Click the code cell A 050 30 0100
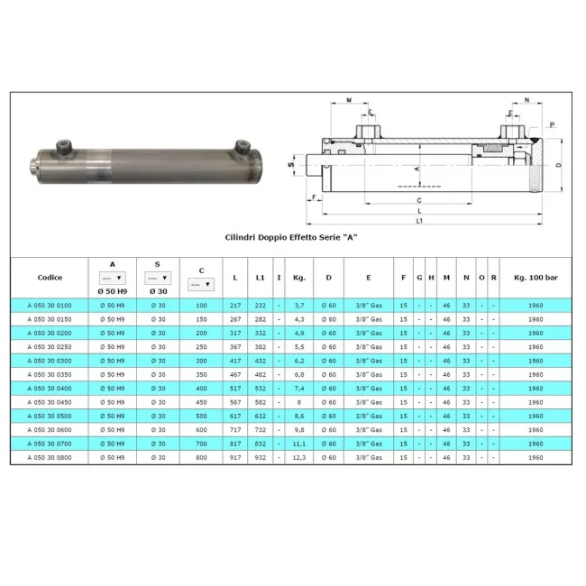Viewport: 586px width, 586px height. (50, 306)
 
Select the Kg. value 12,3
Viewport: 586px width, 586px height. (299, 457)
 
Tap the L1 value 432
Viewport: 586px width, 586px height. (261, 361)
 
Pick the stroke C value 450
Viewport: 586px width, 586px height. (201, 402)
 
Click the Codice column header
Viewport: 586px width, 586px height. (50, 278)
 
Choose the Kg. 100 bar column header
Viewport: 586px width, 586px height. (536, 278)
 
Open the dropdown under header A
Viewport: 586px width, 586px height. (112, 278)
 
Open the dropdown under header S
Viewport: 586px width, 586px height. (158, 278)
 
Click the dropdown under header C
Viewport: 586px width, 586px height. (201, 284)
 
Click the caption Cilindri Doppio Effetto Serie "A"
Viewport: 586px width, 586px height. (291, 237)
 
